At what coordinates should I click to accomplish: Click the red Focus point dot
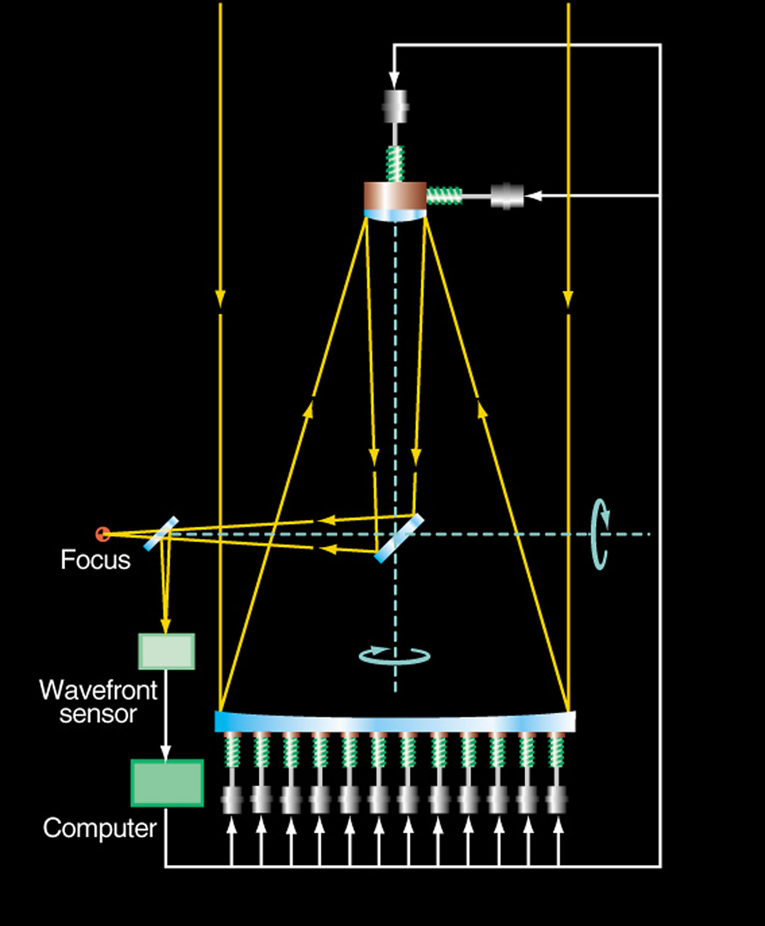(x=103, y=533)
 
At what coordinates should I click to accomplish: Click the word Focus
(x=95, y=560)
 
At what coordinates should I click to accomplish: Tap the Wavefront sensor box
(x=167, y=651)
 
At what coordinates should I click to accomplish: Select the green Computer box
(x=167, y=783)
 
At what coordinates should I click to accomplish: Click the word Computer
(x=99, y=828)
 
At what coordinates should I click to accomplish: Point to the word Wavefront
(x=98, y=690)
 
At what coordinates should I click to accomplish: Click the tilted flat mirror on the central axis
(x=399, y=538)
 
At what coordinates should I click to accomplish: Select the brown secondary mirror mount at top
(x=395, y=195)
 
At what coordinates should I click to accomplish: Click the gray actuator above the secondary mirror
(x=395, y=106)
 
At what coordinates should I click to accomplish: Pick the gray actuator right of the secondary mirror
(x=507, y=196)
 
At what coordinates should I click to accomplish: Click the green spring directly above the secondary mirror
(x=395, y=163)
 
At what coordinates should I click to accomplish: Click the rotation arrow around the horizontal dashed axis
(x=600, y=534)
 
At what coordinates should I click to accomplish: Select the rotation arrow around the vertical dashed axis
(x=394, y=656)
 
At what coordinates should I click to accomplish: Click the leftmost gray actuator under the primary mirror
(x=232, y=799)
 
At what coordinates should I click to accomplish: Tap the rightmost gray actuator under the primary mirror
(x=558, y=799)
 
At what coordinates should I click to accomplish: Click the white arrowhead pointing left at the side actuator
(x=533, y=196)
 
